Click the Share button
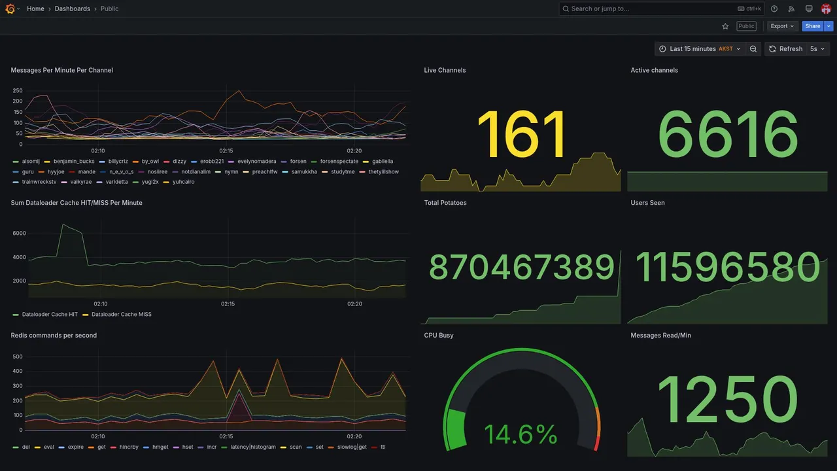[x=812, y=26]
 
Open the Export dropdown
[x=782, y=26]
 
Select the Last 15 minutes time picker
[x=700, y=49]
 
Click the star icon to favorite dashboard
[x=725, y=26]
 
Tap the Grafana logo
[x=10, y=9]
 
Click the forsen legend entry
[x=298, y=161]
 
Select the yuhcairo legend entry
[x=183, y=182]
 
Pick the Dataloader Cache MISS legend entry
[x=121, y=315]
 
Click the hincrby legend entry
[x=129, y=447]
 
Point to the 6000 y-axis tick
[x=19, y=234]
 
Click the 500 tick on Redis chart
[x=18, y=357]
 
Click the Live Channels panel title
[x=445, y=70]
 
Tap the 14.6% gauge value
[x=521, y=435]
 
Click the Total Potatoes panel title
[x=445, y=203]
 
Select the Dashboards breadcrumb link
[x=73, y=9]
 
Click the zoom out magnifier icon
[x=753, y=49]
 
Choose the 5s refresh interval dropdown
[x=817, y=49]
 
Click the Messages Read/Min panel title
[x=660, y=336]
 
